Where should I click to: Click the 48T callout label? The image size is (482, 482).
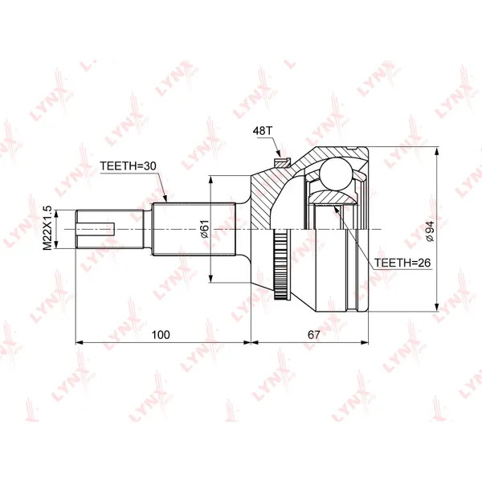(263, 131)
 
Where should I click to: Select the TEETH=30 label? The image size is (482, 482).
(128, 166)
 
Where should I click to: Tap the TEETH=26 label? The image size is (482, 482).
(402, 263)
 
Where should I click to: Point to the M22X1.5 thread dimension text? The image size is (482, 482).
(47, 228)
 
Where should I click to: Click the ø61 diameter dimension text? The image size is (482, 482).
(205, 229)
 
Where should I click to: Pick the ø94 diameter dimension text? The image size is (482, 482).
(430, 231)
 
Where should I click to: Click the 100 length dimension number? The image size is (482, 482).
(161, 334)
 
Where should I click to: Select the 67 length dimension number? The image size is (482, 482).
(313, 334)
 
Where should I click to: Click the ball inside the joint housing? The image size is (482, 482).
(336, 174)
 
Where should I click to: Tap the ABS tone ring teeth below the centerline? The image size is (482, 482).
(280, 263)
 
